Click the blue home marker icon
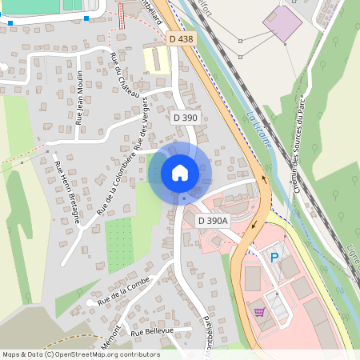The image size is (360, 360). [180, 172]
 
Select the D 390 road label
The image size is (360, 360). [186, 118]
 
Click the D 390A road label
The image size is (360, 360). [213, 221]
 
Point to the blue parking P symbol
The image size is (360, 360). [274, 258]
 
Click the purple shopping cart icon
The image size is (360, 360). [259, 312]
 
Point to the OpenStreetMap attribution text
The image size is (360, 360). [80, 354]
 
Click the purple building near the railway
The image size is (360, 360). [282, 23]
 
